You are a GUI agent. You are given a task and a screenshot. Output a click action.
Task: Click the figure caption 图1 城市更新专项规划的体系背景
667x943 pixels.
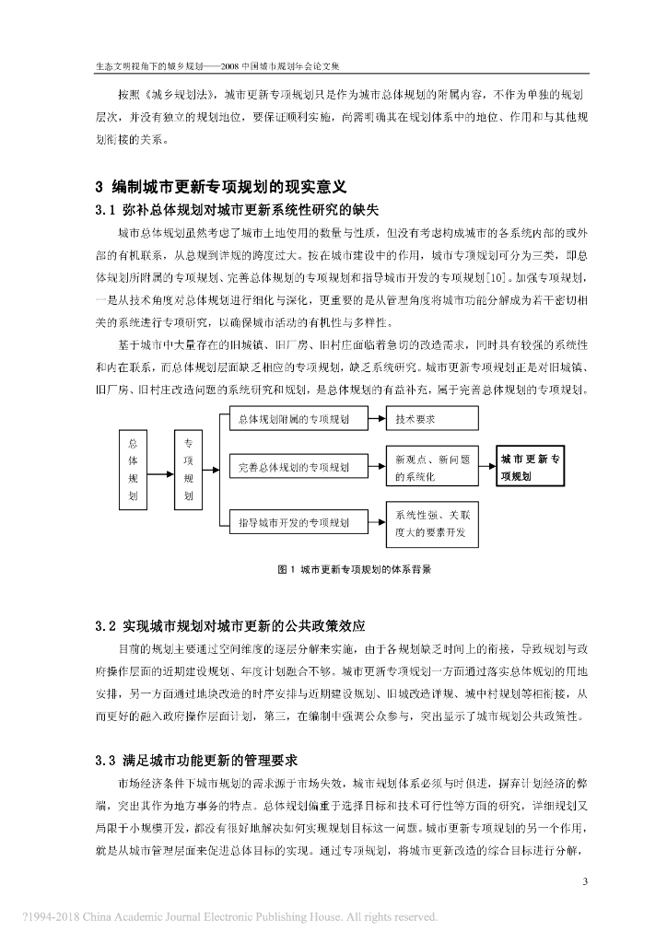(x=354, y=569)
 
